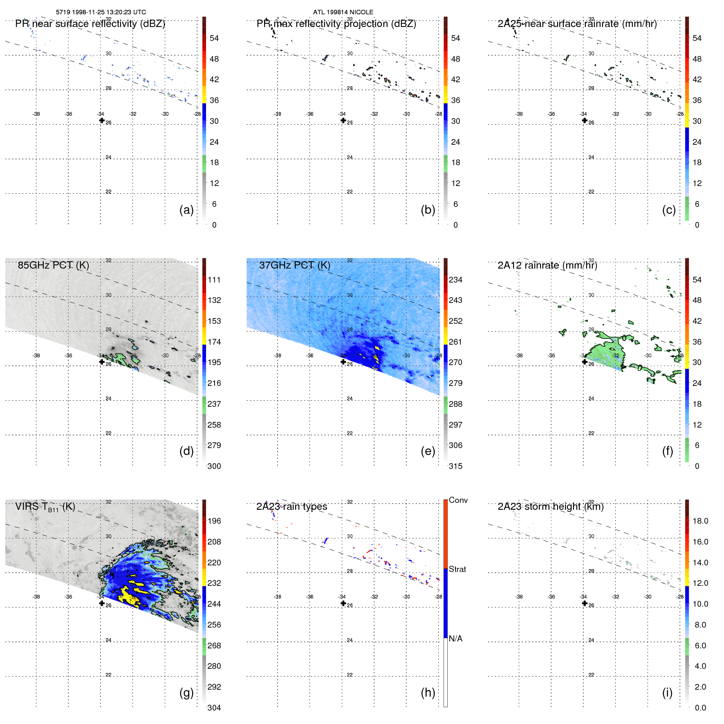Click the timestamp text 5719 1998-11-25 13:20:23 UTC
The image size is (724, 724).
coord(101,12)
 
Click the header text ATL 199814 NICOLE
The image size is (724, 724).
coord(343,12)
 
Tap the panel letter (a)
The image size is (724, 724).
coord(186,210)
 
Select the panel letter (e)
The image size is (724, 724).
coord(428,451)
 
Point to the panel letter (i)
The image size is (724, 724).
coord(667,693)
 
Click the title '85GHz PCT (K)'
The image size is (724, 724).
coord(54,265)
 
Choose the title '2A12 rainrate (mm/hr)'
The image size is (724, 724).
coord(547,265)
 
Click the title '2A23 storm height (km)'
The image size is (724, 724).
coord(550,507)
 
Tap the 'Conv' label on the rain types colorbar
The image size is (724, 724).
coord(458,500)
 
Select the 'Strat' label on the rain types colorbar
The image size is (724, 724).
coord(457,569)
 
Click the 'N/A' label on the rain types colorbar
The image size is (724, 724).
coord(455,639)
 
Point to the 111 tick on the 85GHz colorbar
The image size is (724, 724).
coord(214,280)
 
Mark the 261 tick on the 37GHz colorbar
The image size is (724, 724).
coord(455,342)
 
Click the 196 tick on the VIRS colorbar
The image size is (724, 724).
coord(214,521)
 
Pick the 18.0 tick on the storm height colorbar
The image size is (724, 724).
coord(700,521)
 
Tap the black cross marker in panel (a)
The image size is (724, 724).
coord(102,121)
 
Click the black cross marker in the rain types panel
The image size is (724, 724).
coord(343,603)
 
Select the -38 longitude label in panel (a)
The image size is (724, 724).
coord(36,114)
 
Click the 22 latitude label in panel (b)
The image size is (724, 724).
coord(350,192)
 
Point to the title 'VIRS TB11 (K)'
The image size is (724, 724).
coord(45,507)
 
